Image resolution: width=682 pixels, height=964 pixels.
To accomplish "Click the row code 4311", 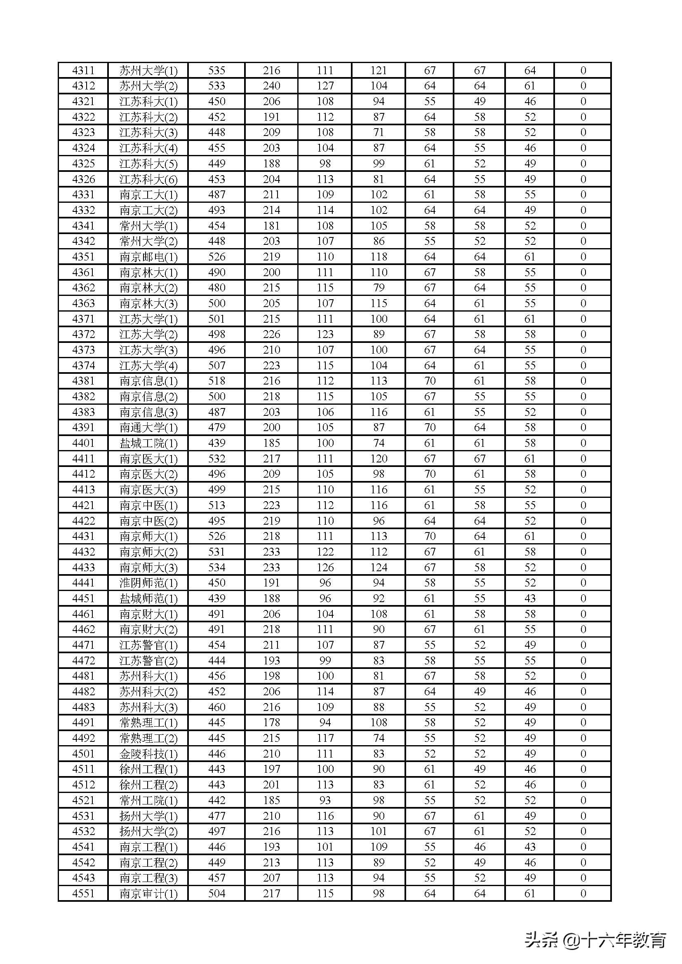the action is pyautogui.click(x=83, y=70).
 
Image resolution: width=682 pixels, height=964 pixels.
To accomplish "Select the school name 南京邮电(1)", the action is pyautogui.click(x=148, y=257).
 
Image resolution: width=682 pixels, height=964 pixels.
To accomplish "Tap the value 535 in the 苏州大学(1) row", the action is pyautogui.click(x=217, y=70).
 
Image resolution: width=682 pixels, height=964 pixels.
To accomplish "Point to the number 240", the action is pyautogui.click(x=271, y=86).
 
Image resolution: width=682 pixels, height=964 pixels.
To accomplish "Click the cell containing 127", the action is pyautogui.click(x=325, y=86).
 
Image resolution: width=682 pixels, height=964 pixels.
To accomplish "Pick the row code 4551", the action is pyautogui.click(x=83, y=894).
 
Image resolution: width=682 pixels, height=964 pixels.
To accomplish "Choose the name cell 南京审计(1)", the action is pyautogui.click(x=148, y=894).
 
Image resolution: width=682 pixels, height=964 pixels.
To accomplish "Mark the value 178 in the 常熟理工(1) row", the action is pyautogui.click(x=271, y=722).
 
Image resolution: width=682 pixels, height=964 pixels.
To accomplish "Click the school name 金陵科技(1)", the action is pyautogui.click(x=148, y=754).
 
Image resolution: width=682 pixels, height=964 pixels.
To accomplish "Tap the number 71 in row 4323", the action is pyautogui.click(x=379, y=133).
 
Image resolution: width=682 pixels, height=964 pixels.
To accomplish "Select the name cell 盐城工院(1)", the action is pyautogui.click(x=148, y=443).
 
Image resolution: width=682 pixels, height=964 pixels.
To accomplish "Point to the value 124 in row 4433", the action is pyautogui.click(x=379, y=568).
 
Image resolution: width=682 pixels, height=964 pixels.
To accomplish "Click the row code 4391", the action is pyautogui.click(x=83, y=427).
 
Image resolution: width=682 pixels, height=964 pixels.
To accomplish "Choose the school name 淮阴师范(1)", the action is pyautogui.click(x=148, y=583).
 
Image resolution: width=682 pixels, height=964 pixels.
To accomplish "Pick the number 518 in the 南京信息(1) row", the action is pyautogui.click(x=217, y=381).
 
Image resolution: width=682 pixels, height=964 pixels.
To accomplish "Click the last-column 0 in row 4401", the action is pyautogui.click(x=583, y=443).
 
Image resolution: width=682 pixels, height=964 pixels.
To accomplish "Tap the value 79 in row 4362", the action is pyautogui.click(x=379, y=288).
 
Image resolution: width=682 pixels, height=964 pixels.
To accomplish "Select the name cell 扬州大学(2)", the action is pyautogui.click(x=148, y=832).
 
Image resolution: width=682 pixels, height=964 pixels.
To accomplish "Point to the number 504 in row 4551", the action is pyautogui.click(x=217, y=894).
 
